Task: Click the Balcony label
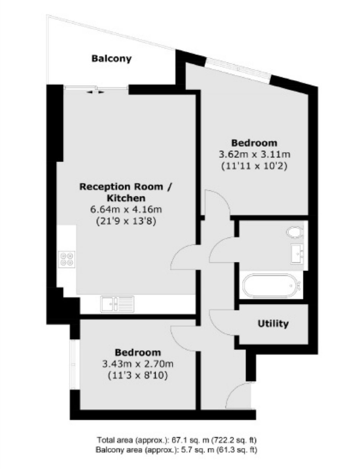pyautogui.click(x=111, y=59)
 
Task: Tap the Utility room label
pyautogui.click(x=273, y=324)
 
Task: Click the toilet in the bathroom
pyautogui.click(x=295, y=232)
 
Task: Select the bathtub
pyautogui.click(x=272, y=285)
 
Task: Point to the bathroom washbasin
pyautogui.click(x=297, y=254)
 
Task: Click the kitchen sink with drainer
pyautogui.click(x=117, y=304)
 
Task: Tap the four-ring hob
pyautogui.click(x=67, y=259)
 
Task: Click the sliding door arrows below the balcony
pyautogui.click(x=95, y=92)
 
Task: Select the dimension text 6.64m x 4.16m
pyautogui.click(x=126, y=209)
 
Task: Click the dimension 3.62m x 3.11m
pyautogui.click(x=255, y=154)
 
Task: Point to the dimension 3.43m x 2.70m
pyautogui.click(x=138, y=364)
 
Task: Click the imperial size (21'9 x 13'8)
pyautogui.click(x=126, y=221)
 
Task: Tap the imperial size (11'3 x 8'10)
pyautogui.click(x=138, y=376)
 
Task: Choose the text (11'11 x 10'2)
pyautogui.click(x=255, y=166)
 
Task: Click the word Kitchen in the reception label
pyautogui.click(x=126, y=198)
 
